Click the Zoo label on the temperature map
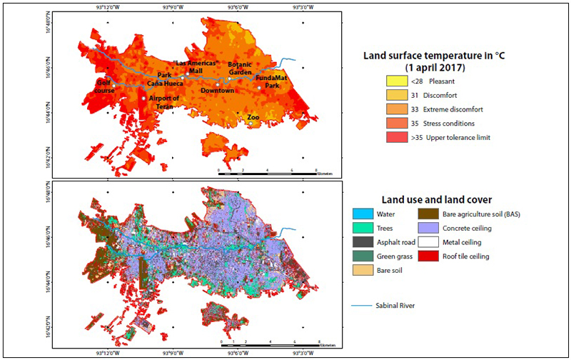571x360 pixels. point(253,117)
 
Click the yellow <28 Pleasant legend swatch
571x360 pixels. point(394,81)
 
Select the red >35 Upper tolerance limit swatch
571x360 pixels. point(394,136)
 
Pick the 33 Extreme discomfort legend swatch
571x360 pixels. point(394,109)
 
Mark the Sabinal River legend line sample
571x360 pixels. point(363,306)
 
